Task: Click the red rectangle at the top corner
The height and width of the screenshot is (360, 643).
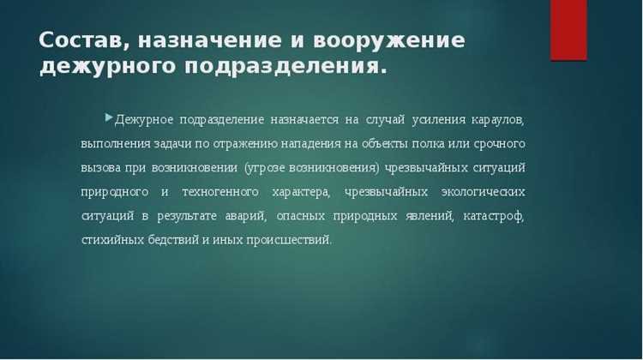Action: pos(568,30)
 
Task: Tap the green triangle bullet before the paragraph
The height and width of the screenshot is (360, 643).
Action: pos(108,115)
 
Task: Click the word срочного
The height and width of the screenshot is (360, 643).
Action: pos(498,143)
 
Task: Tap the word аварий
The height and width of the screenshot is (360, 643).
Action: pos(252,215)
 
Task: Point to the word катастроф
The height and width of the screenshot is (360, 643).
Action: pos(493,215)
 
